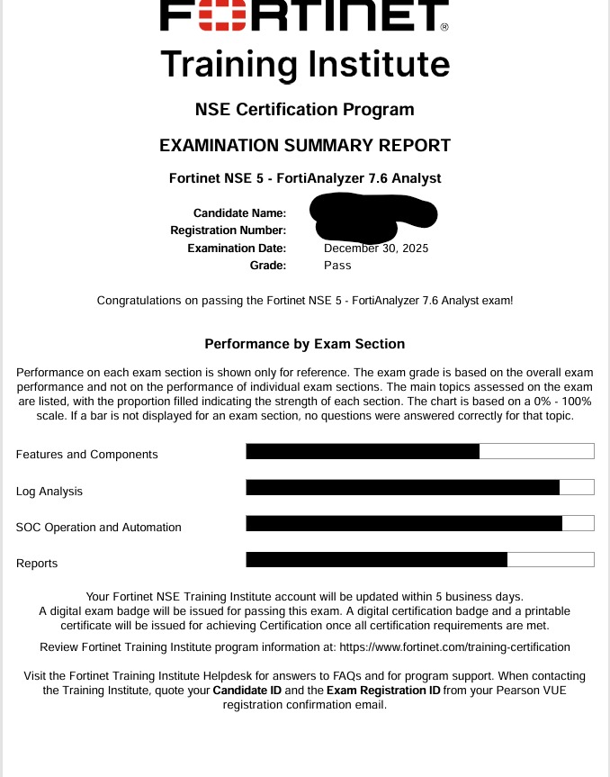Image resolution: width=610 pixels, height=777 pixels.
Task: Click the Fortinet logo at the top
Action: click(x=304, y=14)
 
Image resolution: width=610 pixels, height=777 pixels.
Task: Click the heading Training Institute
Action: click(x=304, y=64)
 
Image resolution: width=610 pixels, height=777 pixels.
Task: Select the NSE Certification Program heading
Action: click(x=304, y=110)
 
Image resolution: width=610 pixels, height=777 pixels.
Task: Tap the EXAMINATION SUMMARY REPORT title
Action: click(x=304, y=145)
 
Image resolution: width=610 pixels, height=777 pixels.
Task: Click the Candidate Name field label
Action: click(x=239, y=213)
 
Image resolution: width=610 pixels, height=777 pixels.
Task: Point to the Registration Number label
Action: click(x=228, y=230)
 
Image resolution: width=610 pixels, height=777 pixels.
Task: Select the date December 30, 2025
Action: click(x=376, y=248)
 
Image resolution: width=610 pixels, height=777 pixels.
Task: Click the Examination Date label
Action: click(x=237, y=248)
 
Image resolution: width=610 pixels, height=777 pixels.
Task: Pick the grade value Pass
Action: click(x=337, y=266)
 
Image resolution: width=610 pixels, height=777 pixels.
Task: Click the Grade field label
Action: click(x=267, y=266)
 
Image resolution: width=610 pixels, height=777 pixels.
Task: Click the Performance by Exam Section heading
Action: click(x=304, y=344)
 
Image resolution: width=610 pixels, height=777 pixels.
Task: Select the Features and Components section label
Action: click(x=86, y=455)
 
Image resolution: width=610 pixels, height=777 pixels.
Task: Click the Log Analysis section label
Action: click(x=49, y=492)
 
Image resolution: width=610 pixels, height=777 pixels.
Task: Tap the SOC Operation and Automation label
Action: click(x=99, y=528)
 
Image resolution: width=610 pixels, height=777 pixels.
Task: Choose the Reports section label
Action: click(x=37, y=564)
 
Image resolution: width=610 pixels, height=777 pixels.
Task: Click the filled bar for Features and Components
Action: click(x=363, y=451)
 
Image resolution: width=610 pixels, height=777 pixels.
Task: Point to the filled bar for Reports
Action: click(x=376, y=559)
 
